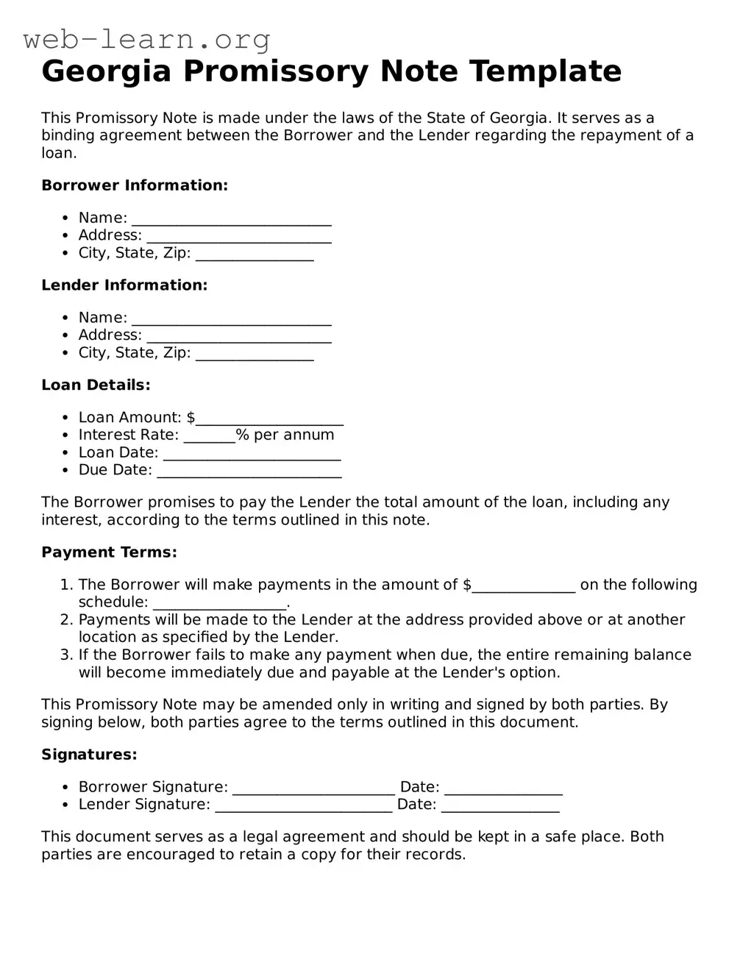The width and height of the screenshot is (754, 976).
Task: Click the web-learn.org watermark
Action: click(147, 39)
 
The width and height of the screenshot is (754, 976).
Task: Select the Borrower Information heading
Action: click(135, 185)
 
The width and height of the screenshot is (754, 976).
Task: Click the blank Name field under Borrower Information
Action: click(231, 219)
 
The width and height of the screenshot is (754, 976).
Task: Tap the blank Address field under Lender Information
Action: click(238, 336)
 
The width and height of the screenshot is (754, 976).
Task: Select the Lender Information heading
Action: click(124, 285)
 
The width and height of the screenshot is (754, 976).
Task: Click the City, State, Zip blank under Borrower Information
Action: click(255, 254)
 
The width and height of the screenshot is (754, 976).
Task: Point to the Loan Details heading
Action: click(96, 385)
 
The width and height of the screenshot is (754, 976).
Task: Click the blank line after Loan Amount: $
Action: click(269, 419)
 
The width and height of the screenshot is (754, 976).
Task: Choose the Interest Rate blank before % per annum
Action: click(209, 437)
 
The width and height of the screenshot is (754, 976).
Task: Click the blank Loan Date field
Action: click(252, 455)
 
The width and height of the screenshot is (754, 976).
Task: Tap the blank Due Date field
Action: click(249, 471)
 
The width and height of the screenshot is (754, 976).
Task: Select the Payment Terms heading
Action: click(109, 552)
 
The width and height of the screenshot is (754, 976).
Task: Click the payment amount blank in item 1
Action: click(523, 586)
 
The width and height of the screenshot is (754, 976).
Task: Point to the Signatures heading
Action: click(89, 755)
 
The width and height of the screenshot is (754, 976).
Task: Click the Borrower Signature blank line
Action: click(313, 788)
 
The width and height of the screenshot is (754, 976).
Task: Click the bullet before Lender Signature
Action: click(65, 805)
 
